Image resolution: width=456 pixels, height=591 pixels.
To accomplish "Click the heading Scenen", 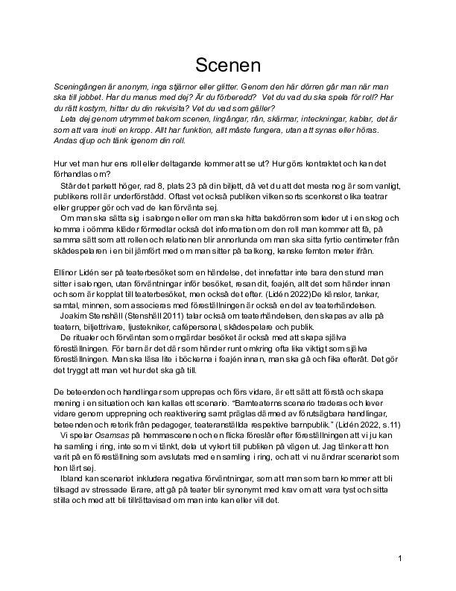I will [227, 65].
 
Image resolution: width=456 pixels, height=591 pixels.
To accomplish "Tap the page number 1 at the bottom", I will [400, 558].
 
